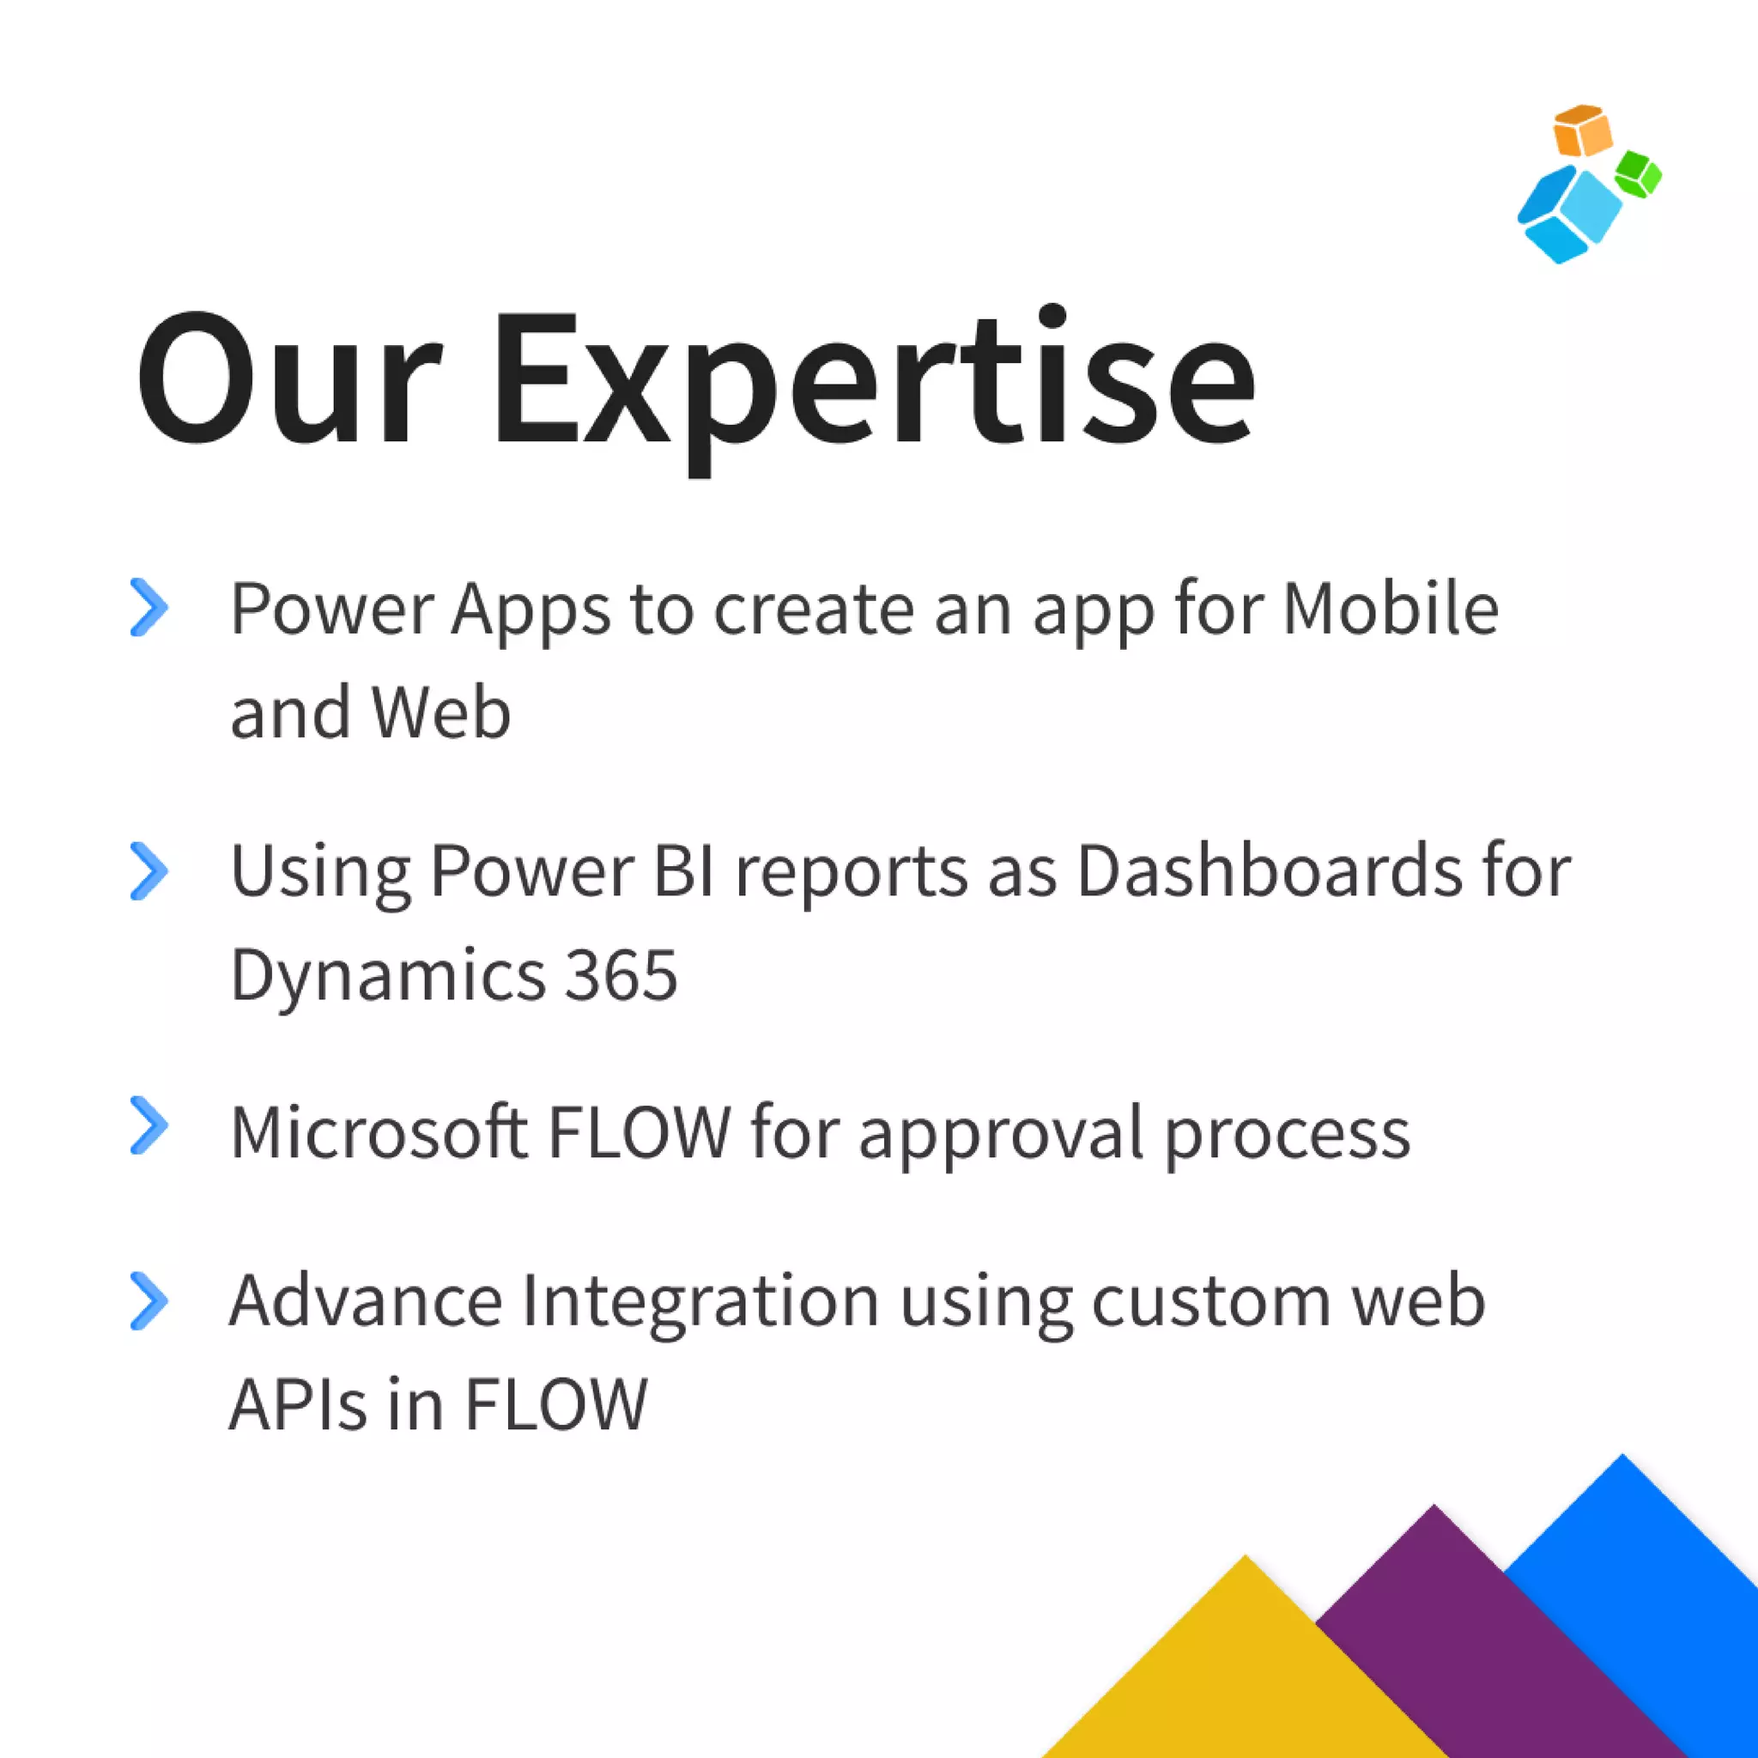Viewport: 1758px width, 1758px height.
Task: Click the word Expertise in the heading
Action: (x=874, y=382)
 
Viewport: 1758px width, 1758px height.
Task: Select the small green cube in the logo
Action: (x=1638, y=173)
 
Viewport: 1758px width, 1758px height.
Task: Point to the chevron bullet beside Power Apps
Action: (x=149, y=607)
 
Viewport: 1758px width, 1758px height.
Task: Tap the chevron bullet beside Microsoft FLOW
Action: (x=149, y=1125)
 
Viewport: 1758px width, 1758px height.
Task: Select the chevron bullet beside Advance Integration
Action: (x=149, y=1301)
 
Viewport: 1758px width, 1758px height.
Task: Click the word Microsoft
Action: (x=379, y=1133)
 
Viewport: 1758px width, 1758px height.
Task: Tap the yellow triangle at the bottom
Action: (x=1246, y=1674)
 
